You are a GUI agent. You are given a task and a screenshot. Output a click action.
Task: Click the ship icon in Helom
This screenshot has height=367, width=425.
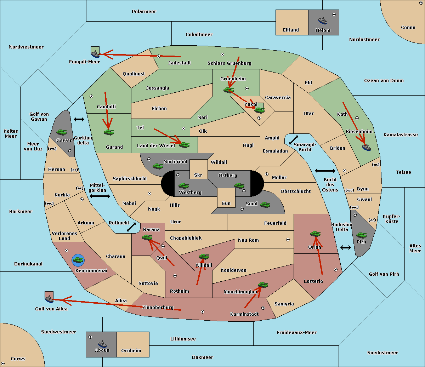tap(323, 21)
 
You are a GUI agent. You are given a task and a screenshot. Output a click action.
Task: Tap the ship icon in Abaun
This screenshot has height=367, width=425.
tap(102, 344)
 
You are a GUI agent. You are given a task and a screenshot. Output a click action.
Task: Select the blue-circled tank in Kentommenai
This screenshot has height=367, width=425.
tap(78, 260)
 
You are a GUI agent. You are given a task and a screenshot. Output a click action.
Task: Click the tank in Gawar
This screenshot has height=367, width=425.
tap(61, 132)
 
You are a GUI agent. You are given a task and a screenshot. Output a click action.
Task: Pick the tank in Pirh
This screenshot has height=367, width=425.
tap(361, 235)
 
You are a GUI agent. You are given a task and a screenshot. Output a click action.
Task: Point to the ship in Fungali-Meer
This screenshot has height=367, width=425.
tap(95, 54)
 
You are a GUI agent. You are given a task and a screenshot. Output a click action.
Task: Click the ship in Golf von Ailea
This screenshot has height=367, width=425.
tap(49, 299)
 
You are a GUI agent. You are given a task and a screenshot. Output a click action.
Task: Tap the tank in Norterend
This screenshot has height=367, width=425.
tap(158, 166)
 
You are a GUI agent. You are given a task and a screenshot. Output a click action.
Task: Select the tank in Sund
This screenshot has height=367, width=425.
tap(265, 205)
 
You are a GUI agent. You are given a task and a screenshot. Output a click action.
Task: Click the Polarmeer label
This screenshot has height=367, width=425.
tap(144, 12)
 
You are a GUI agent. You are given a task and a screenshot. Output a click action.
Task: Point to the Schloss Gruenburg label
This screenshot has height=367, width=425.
tap(229, 63)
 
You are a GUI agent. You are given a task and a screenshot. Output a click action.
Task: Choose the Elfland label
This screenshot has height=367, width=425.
tap(291, 30)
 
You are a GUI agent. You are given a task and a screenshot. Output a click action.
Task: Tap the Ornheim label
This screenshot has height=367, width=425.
tap(131, 351)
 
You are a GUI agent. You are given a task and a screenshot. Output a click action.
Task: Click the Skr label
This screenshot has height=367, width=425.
tap(198, 175)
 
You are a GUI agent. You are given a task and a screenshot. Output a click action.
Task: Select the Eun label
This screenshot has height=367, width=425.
tap(226, 203)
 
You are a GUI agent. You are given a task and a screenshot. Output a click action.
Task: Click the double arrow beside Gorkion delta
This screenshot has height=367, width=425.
tap(79, 119)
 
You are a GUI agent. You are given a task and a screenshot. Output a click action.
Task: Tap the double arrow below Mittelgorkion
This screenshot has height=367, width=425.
tap(100, 196)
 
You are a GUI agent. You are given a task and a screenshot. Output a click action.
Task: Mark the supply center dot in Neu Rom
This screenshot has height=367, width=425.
tap(288, 240)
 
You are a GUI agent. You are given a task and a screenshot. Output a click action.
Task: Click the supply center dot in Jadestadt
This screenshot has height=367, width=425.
tap(159, 56)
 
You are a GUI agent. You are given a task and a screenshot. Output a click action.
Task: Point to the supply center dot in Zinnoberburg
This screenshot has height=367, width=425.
tap(203, 312)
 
